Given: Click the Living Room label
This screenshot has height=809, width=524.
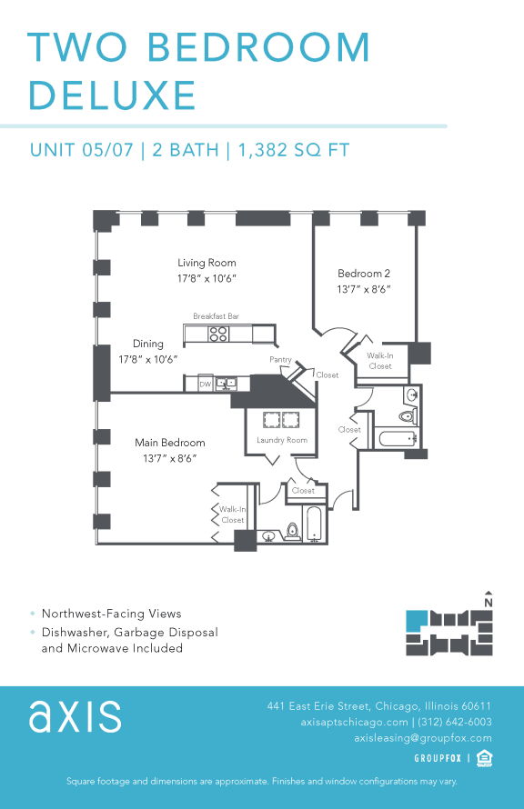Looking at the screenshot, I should coord(207,264).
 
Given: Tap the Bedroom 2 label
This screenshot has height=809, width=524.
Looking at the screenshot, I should coord(364,274).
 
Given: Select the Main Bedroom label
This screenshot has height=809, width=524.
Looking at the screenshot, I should coord(170,443).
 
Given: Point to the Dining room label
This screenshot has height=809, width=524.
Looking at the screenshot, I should coord(148,345).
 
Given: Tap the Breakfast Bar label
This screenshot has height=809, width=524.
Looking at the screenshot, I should coord(216,316).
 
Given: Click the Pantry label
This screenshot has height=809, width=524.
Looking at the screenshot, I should coord(280,360).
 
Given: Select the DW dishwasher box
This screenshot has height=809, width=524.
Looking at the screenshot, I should coord(206,384).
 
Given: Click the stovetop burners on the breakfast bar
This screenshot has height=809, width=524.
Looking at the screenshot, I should coord(218,334).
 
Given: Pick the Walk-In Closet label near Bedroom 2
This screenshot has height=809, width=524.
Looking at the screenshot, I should coord(380,361).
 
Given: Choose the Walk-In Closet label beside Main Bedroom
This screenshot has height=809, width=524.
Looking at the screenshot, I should coord(232,514).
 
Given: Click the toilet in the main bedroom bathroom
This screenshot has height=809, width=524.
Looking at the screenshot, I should coord(293,531).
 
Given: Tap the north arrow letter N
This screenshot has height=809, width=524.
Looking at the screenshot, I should coord(489,602).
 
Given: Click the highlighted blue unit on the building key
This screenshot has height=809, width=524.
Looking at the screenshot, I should coord(416,621).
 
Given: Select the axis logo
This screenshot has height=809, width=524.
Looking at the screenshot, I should coord(75,717).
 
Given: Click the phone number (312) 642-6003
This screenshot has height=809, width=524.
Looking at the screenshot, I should coord(455,722).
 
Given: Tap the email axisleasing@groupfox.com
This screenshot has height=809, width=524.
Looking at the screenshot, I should coord(423,738).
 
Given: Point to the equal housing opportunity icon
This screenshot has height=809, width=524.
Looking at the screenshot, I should coord(485,757).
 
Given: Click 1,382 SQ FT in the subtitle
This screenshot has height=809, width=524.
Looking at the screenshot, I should coord(294,150).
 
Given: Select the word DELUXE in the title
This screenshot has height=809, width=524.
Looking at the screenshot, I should coord(112,95).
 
